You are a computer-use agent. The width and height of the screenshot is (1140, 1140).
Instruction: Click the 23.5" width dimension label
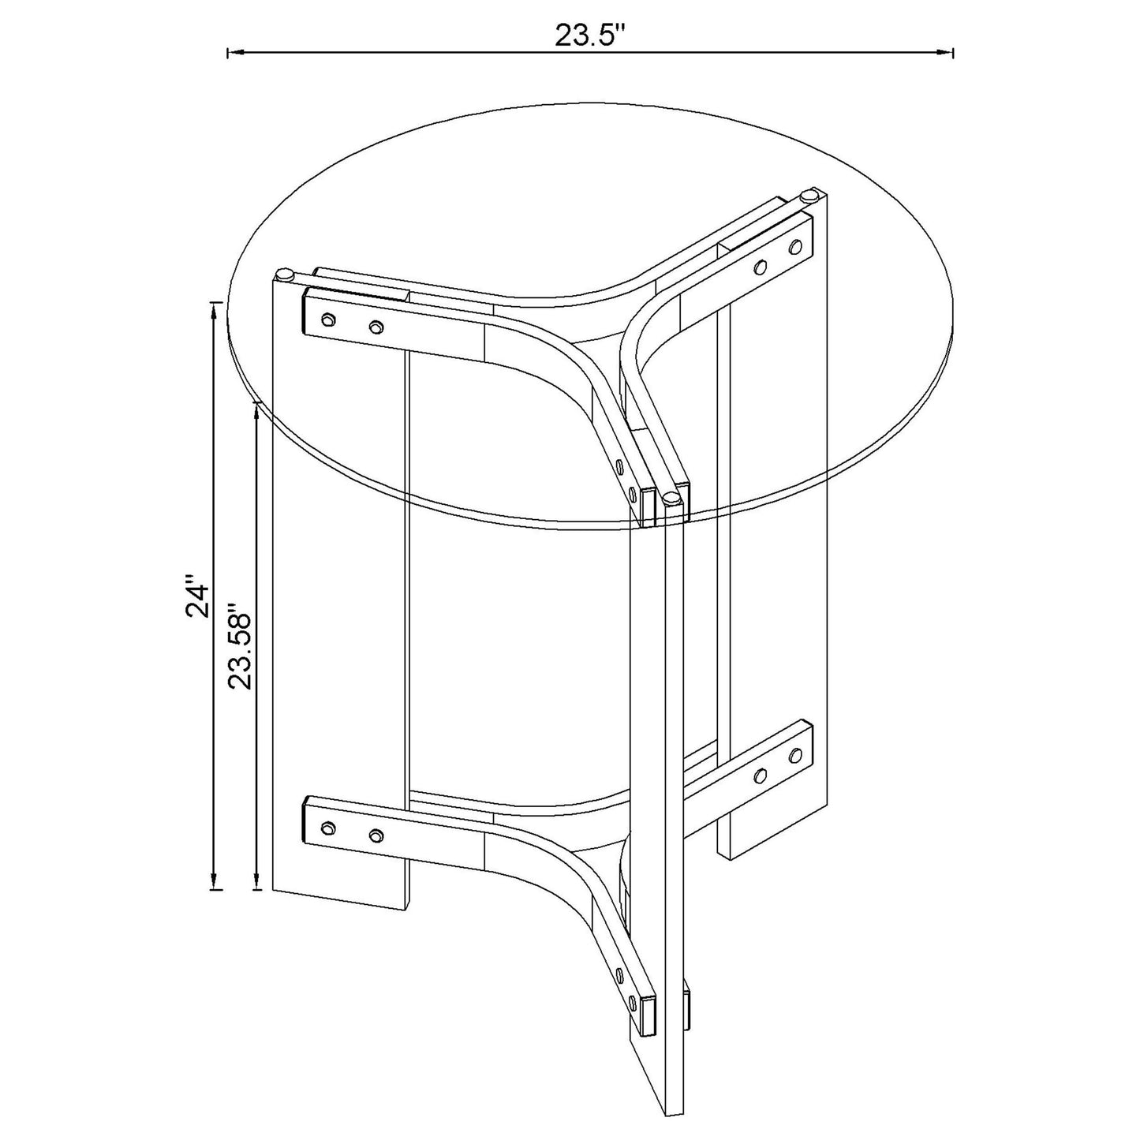589,36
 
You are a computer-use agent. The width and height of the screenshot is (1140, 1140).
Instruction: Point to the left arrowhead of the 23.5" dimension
236,53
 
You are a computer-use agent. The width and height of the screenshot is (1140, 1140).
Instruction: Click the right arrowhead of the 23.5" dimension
945,53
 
